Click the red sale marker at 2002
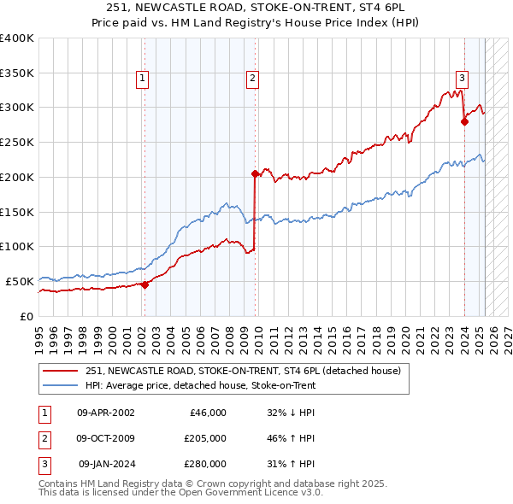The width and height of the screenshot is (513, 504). click(x=144, y=284)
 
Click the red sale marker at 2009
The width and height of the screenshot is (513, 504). click(x=255, y=173)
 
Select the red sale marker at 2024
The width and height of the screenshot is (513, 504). click(x=464, y=121)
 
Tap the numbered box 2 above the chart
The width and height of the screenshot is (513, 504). click(x=253, y=79)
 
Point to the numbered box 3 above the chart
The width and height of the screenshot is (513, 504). click(x=462, y=79)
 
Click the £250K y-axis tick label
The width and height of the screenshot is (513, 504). click(x=17, y=143)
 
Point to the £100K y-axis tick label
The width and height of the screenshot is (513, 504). click(x=17, y=247)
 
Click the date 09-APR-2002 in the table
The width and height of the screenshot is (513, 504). click(x=105, y=413)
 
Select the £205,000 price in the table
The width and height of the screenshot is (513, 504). click(x=205, y=439)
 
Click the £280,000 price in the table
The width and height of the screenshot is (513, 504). click(x=205, y=466)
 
